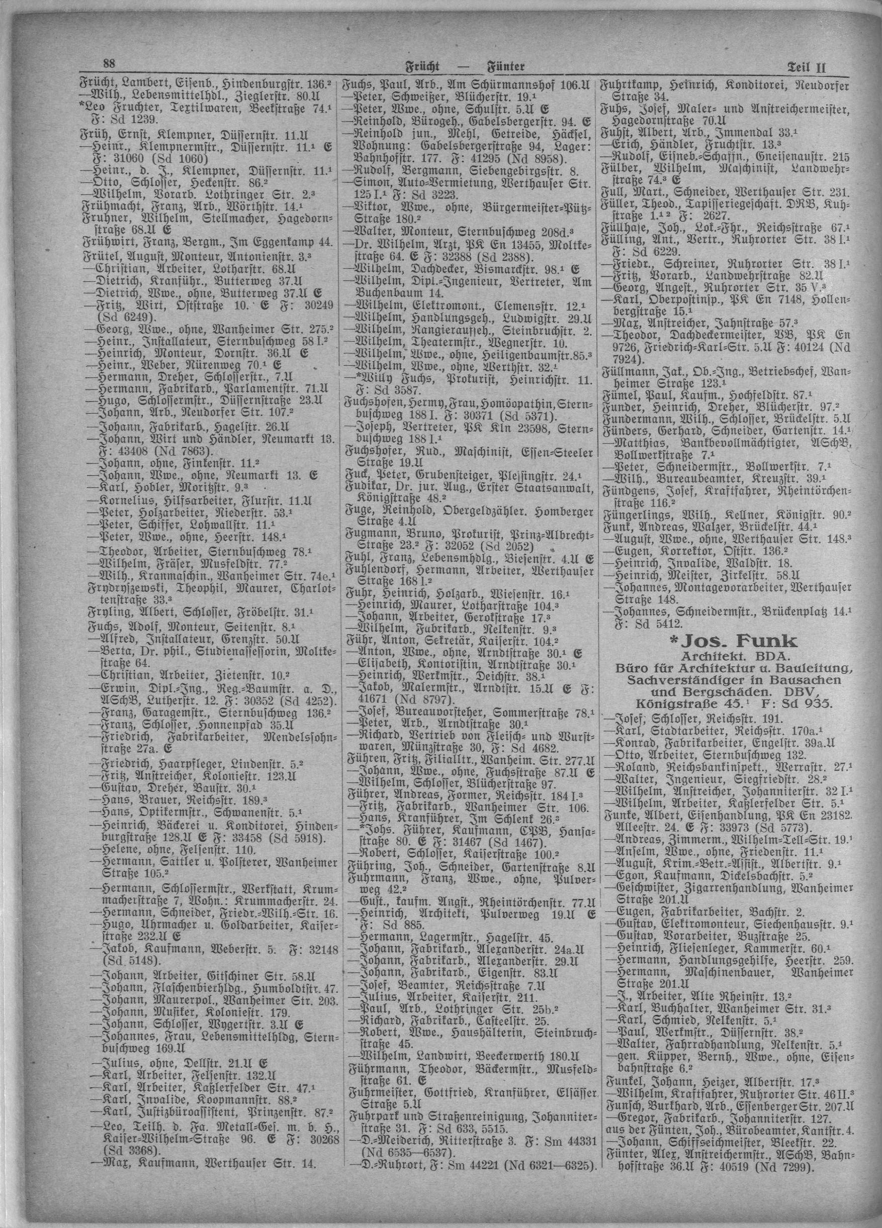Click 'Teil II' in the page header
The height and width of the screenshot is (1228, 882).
tap(806, 68)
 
